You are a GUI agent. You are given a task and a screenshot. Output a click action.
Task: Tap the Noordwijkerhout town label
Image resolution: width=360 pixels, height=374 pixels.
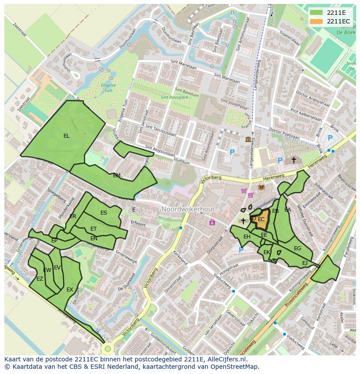[x=188, y=209]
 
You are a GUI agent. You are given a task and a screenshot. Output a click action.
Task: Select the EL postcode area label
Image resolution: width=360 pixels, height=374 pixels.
[x=66, y=136]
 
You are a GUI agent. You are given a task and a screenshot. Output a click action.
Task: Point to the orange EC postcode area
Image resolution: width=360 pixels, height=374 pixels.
[x=261, y=219]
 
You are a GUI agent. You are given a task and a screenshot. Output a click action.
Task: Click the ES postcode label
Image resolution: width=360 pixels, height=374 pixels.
[x=103, y=213]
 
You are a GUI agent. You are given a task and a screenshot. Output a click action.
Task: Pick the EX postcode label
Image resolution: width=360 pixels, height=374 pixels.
[x=70, y=289]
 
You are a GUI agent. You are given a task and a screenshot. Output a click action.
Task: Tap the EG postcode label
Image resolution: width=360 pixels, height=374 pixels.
[x=297, y=248]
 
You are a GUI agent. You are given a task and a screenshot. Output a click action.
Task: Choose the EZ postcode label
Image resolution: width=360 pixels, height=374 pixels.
[x=40, y=279]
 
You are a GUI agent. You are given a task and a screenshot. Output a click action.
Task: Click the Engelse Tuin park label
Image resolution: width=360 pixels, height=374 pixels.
[x=107, y=88]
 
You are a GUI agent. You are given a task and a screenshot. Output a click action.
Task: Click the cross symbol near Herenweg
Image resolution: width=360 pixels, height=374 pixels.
[x=293, y=160]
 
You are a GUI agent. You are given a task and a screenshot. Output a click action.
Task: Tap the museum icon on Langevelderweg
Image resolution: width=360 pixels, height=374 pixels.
[x=248, y=139]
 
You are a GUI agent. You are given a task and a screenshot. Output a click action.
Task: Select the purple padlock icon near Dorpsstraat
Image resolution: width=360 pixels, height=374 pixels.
[x=212, y=222]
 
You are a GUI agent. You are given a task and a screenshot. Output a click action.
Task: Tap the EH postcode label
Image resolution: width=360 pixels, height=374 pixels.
[x=247, y=237]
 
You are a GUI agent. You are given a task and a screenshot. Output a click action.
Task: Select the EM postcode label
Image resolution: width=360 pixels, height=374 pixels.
[x=117, y=175]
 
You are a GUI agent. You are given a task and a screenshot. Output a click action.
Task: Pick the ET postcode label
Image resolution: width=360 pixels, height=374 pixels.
[x=93, y=229]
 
